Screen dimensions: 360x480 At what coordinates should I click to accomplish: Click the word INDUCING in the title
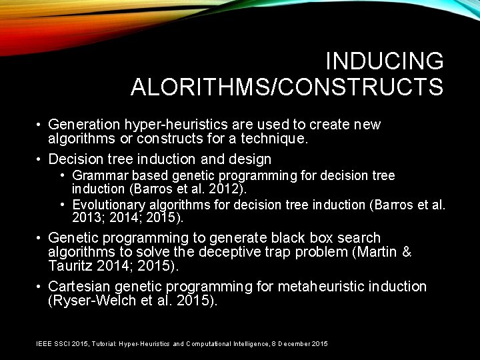tap(384, 61)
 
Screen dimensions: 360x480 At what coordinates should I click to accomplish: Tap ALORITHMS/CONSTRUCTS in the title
tap(287, 87)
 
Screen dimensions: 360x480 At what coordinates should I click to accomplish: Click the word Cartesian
tap(80, 287)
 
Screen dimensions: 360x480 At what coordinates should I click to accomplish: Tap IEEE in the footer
tap(43, 343)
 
